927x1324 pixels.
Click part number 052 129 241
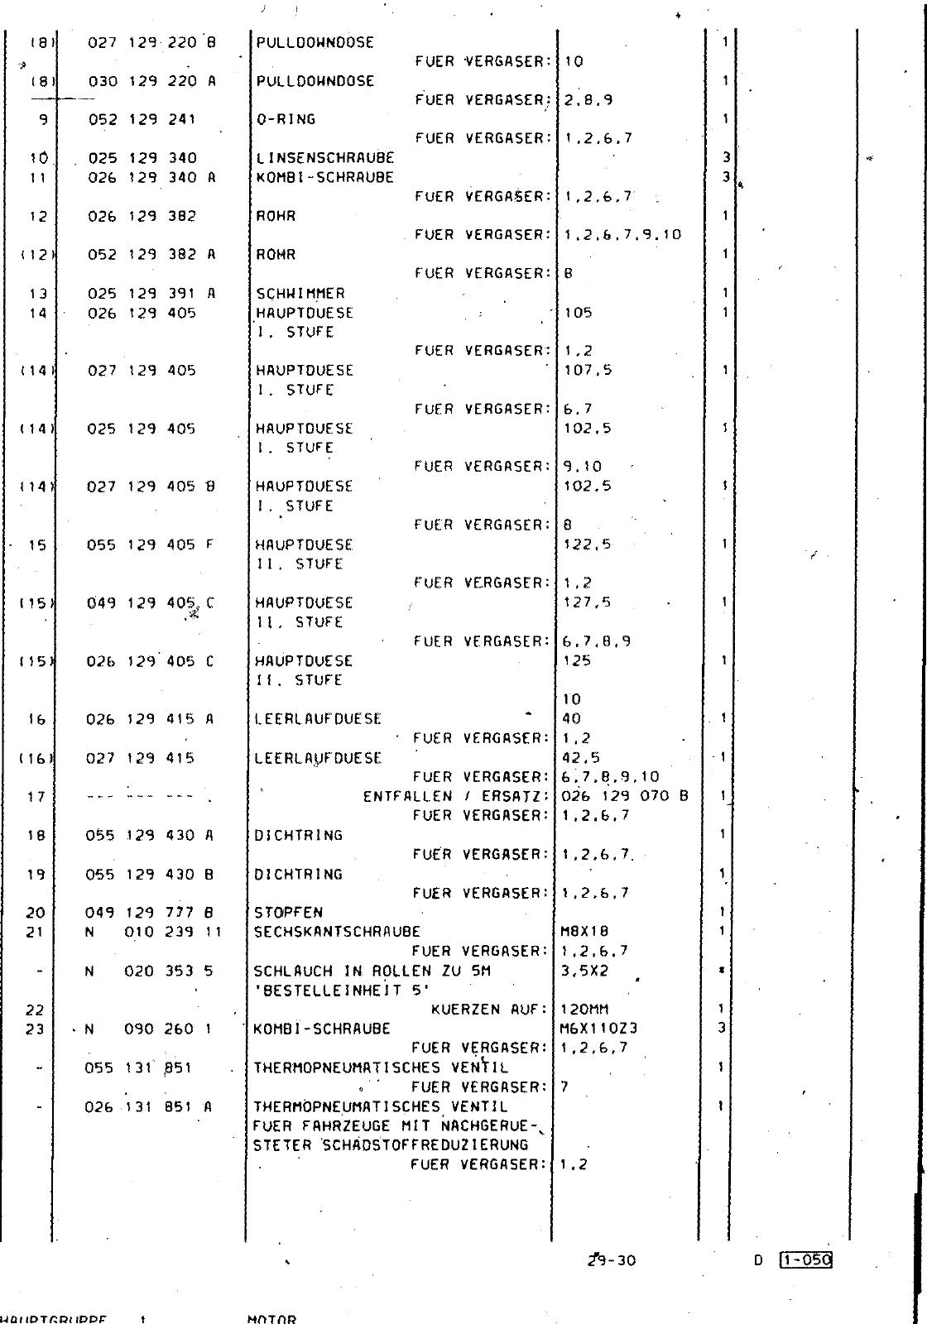(142, 119)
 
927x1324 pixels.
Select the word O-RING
(286, 119)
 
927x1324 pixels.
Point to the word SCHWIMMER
(300, 293)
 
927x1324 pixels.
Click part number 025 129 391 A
(151, 293)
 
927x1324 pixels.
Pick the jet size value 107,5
(588, 370)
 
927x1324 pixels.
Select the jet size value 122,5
(587, 544)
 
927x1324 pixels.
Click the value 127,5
(587, 602)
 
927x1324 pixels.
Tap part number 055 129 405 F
(150, 544)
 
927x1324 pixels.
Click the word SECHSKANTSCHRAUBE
(337, 932)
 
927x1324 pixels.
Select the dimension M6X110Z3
(598, 1029)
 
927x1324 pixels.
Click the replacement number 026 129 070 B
(624, 797)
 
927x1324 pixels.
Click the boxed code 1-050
(805, 1260)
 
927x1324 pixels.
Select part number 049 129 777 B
(150, 913)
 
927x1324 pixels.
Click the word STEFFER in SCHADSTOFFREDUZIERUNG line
(280, 1145)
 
